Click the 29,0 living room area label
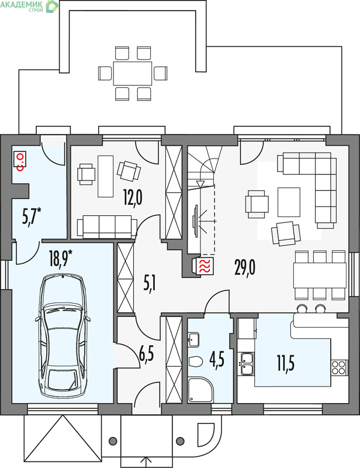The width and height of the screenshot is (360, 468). pos(244,267)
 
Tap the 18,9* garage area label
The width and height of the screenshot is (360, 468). pos(61,258)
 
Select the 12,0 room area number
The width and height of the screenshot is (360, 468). pos(133,198)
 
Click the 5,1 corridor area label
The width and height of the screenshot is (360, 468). pos(150,284)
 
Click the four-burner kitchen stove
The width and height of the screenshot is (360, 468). pos(339,367)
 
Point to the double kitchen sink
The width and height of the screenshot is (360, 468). pos(247,363)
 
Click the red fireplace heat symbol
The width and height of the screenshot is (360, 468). pos(205,266)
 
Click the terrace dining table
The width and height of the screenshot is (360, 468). pos(133,74)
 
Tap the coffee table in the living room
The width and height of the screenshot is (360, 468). pos(289,202)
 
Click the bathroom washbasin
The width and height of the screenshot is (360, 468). pos(194,339)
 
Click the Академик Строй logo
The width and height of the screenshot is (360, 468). pos(29,6)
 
